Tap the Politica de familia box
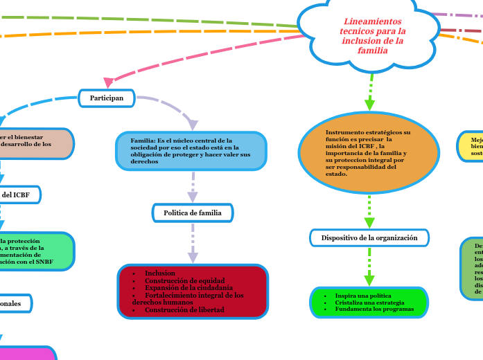point(192,213)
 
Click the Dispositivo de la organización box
point(369,238)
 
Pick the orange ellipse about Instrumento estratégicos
point(369,153)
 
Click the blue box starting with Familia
point(191,151)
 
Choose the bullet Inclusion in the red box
point(159,273)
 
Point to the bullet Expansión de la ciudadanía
point(188,287)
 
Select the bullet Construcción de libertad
point(184,310)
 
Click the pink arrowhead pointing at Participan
point(109,82)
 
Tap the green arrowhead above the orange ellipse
point(369,105)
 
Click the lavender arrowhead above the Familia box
point(192,125)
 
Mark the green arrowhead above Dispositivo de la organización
point(369,222)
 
